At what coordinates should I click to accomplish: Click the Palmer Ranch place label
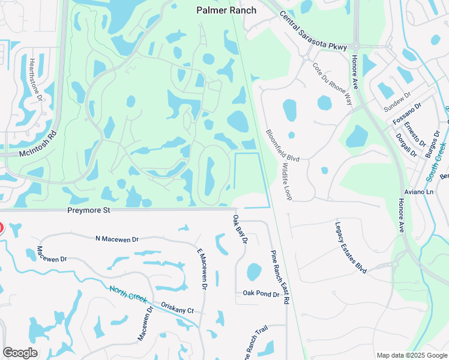(x=226, y=10)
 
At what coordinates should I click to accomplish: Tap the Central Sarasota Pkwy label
(x=313, y=35)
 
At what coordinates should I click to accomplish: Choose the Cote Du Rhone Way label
(x=333, y=84)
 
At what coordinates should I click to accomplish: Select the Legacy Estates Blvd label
(x=351, y=247)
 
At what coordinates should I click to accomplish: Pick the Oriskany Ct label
(x=178, y=307)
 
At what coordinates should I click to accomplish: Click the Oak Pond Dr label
(x=261, y=294)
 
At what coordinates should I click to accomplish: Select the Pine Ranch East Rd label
(x=280, y=277)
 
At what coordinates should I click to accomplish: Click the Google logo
(x=20, y=353)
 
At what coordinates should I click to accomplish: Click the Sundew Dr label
(x=397, y=103)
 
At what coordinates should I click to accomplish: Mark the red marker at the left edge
(x=1, y=228)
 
